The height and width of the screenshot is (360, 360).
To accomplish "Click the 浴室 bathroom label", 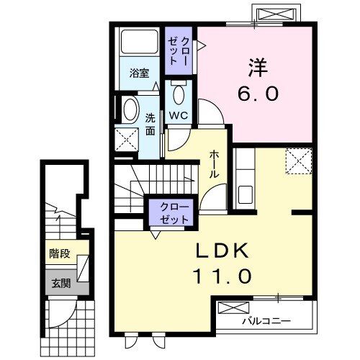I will point(139,73).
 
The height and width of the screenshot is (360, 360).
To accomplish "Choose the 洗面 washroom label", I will point(150,125).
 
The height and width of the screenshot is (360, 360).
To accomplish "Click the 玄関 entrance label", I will point(60,282).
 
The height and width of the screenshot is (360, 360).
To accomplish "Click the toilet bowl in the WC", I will point(179,92).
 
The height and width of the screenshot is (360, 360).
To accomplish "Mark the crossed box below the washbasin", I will point(127,138).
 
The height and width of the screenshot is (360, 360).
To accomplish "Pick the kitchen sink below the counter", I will point(245,195).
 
